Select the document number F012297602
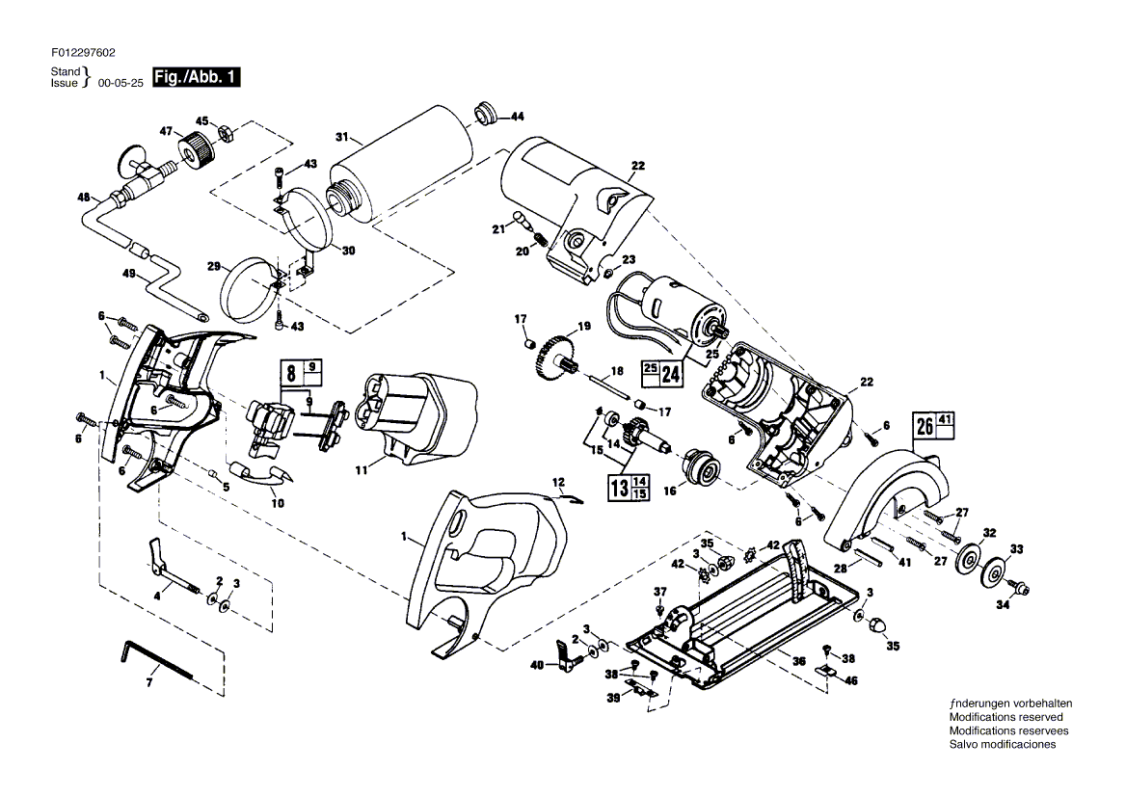coord(83,52)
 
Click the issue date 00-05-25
coord(120,83)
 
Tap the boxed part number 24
coord(671,374)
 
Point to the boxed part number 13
coord(619,488)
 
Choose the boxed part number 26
coord(925,426)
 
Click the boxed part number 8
coord(291,373)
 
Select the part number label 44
coord(517,117)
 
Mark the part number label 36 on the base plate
coord(799,661)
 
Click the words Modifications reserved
coord(1006,717)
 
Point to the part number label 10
coord(278,503)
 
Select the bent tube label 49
coord(129,274)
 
